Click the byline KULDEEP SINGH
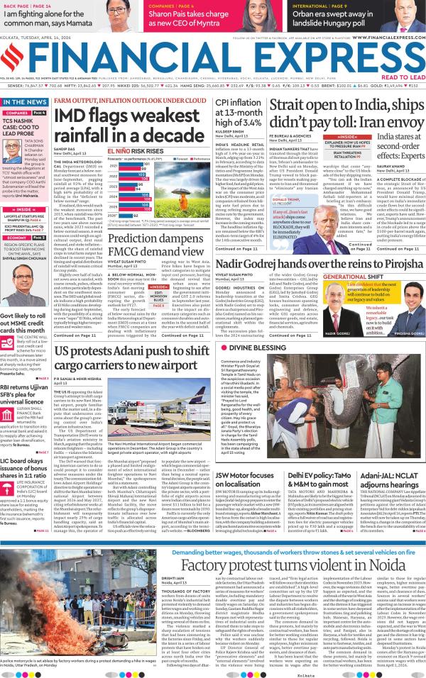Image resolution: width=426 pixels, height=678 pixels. (x=227, y=133)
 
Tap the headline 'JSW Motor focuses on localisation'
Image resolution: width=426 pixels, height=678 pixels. (x=247, y=479)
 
